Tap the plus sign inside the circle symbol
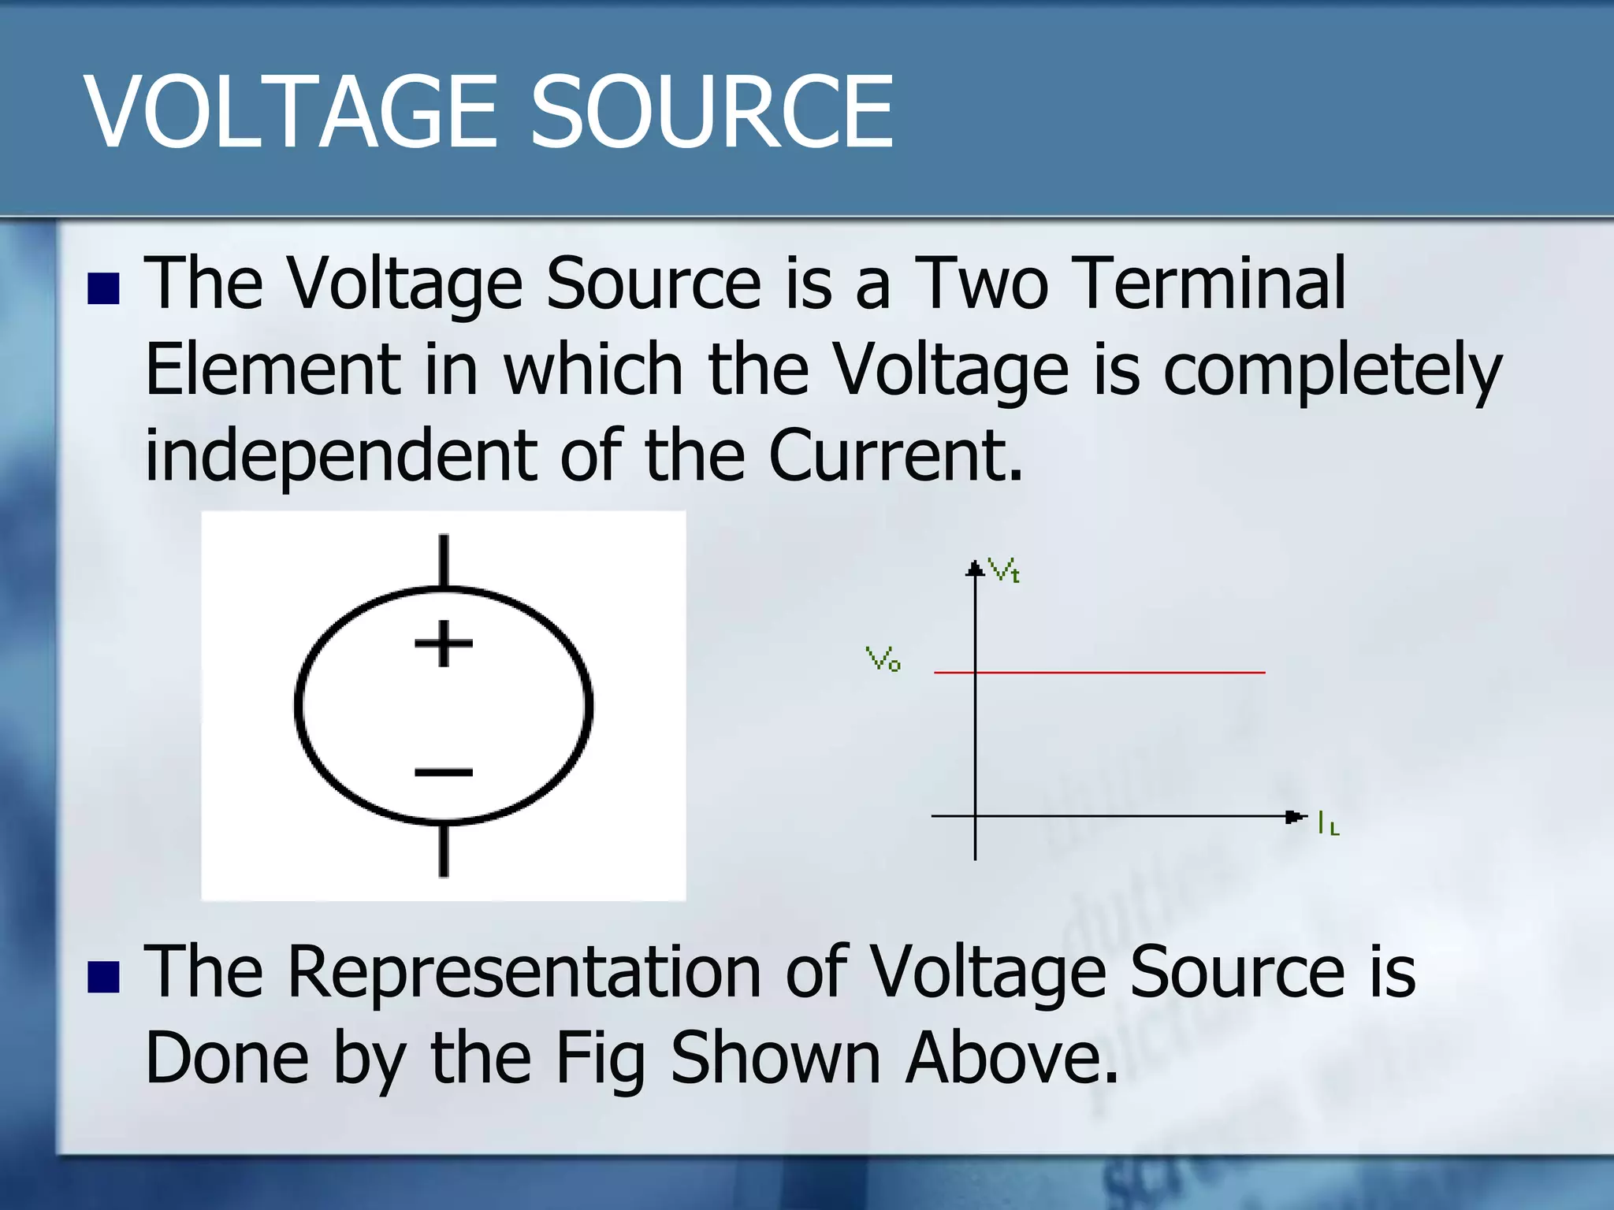[444, 643]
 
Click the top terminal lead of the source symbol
[444, 561]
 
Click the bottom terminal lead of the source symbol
[444, 851]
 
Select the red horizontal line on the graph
[1119, 672]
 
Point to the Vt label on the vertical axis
[1004, 570]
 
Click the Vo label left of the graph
[883, 659]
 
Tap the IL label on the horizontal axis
[1328, 824]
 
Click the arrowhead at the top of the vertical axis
[976, 568]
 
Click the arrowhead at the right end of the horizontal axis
[1295, 816]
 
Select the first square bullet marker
[103, 289]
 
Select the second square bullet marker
[103, 977]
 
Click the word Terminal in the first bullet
[1212, 284]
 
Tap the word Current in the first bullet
[895, 455]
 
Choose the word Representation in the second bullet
[525, 972]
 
